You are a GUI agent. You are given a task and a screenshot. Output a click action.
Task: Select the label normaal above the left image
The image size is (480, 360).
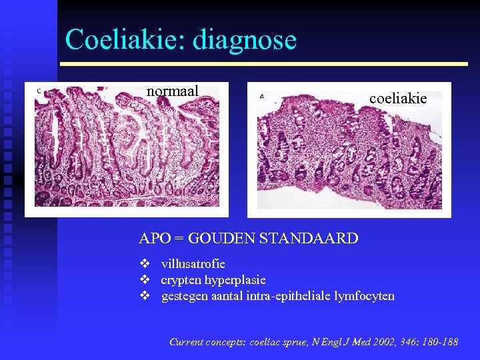[x=173, y=91]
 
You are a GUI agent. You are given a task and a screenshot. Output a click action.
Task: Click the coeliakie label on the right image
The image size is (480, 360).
[x=398, y=98]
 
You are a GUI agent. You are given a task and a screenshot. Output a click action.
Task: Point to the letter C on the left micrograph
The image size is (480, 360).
[x=39, y=91]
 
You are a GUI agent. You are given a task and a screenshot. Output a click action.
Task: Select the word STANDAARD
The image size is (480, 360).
[x=315, y=238]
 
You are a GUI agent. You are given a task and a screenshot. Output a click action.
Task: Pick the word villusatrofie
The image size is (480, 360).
[x=193, y=264]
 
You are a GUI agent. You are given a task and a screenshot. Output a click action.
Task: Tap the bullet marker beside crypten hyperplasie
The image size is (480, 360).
[x=144, y=280]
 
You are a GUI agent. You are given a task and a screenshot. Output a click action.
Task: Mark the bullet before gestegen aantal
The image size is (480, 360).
[x=144, y=295]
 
